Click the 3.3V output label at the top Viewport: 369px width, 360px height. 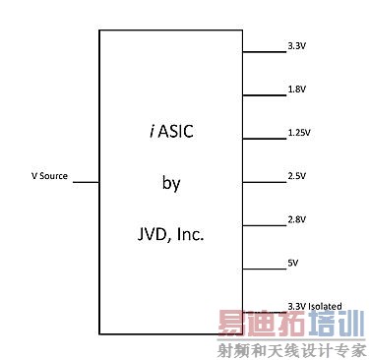pos(296,46)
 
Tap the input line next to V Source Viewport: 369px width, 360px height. pos(86,182)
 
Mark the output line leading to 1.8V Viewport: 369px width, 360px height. pos(262,94)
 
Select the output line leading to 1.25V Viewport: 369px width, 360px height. pos(262,139)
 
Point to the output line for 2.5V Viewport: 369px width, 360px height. pos(262,182)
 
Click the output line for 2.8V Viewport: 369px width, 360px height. pos(262,226)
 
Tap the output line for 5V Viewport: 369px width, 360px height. pos(262,270)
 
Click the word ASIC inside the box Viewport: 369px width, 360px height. pos(181,129)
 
